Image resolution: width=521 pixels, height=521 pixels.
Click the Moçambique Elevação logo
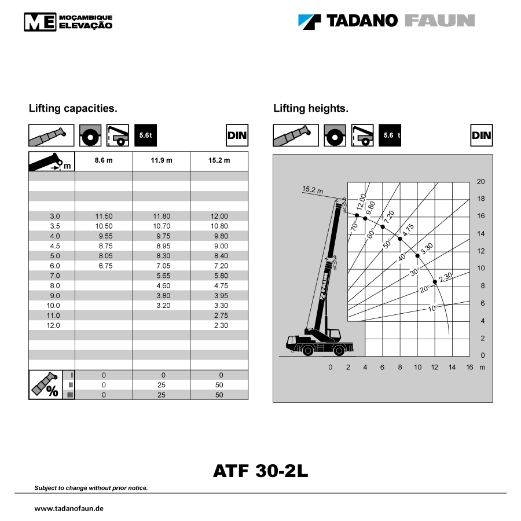[68, 22]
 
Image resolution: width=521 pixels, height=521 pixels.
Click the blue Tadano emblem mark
[309, 22]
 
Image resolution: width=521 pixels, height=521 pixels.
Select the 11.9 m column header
[162, 160]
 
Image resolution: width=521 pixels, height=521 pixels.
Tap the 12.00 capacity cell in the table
[219, 217]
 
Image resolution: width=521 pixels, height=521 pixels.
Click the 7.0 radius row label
[55, 276]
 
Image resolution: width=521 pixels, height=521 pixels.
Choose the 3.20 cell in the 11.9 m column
[163, 306]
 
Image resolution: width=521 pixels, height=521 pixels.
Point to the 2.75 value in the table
[221, 315]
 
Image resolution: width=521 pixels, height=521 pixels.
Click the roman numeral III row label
[70, 395]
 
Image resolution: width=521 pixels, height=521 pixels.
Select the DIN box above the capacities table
[237, 135]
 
